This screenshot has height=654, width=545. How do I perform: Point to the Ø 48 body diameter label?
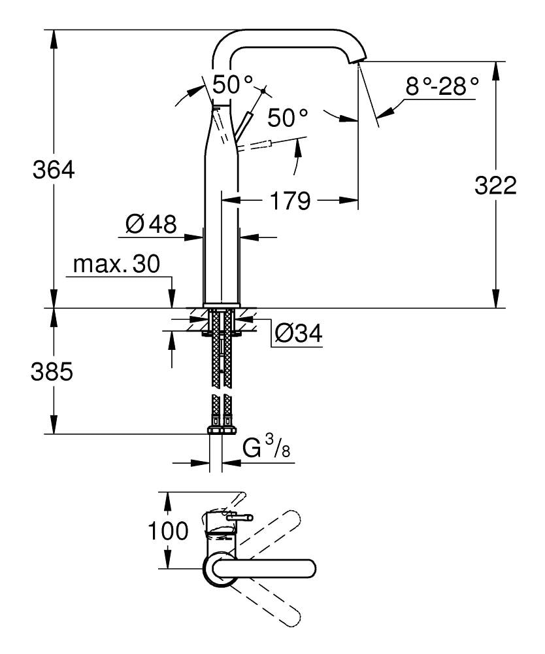[151, 225]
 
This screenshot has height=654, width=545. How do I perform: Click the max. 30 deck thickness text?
[116, 264]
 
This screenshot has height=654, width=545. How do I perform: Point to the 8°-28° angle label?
[442, 86]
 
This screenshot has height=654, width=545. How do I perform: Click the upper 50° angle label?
[232, 84]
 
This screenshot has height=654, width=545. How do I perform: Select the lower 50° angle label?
[287, 118]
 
